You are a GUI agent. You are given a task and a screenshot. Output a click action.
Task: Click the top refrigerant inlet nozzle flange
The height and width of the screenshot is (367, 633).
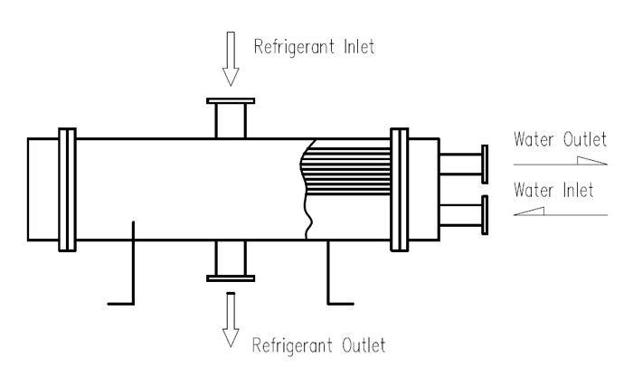(x=230, y=102)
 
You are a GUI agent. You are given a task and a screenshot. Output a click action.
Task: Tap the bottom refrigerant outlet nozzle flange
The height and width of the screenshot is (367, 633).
(x=230, y=277)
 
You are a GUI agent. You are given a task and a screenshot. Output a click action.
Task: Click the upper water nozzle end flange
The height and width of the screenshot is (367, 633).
(x=486, y=164)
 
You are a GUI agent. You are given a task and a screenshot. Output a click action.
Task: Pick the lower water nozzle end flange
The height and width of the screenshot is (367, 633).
(x=486, y=213)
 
